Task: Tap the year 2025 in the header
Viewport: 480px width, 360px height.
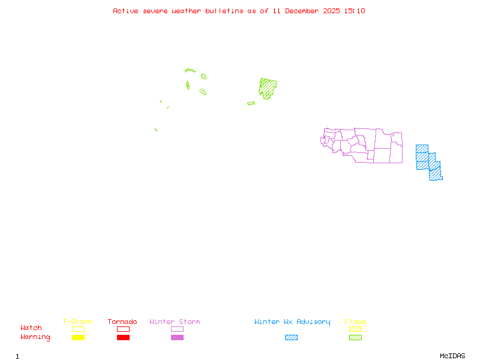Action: pyautogui.click(x=332, y=11)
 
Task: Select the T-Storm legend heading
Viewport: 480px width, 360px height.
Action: pyautogui.click(x=77, y=322)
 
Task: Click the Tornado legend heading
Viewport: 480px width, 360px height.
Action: pyautogui.click(x=122, y=322)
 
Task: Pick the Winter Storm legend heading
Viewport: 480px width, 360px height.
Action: pyautogui.click(x=175, y=322)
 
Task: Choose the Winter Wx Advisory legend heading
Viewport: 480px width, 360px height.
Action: pyautogui.click(x=292, y=322)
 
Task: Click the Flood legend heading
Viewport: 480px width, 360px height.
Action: pyautogui.click(x=355, y=322)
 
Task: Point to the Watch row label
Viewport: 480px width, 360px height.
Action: pyautogui.click(x=31, y=328)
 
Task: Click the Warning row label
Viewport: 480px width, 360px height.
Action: pyautogui.click(x=35, y=337)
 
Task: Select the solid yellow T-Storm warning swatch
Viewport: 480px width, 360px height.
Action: pyautogui.click(x=78, y=338)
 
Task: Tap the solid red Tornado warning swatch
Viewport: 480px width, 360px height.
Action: pyautogui.click(x=123, y=338)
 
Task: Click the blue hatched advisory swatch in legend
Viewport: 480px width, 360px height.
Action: pyautogui.click(x=291, y=338)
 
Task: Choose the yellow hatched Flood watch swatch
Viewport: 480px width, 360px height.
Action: pyautogui.click(x=355, y=329)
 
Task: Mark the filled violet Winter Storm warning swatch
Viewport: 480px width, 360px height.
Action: pyautogui.click(x=177, y=338)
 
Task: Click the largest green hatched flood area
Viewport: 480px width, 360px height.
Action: pyautogui.click(x=268, y=88)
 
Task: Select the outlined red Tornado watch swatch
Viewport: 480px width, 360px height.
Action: pyautogui.click(x=123, y=329)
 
